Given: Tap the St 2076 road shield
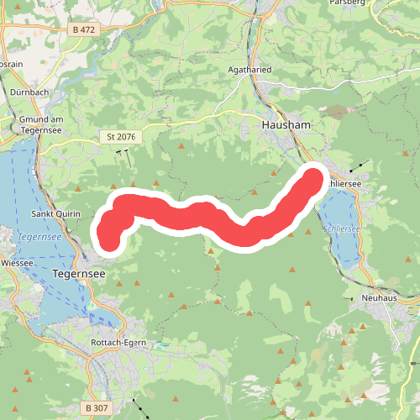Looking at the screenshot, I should (122, 135).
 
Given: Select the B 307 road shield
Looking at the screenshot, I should (97, 407).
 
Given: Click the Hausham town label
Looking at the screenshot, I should (286, 124).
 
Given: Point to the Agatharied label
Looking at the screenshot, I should (250, 70).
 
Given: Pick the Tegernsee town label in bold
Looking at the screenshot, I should (77, 274).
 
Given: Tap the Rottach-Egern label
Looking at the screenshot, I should (119, 343).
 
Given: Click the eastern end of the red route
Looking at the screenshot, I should (312, 179).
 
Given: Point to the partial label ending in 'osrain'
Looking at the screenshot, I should (10, 63).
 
